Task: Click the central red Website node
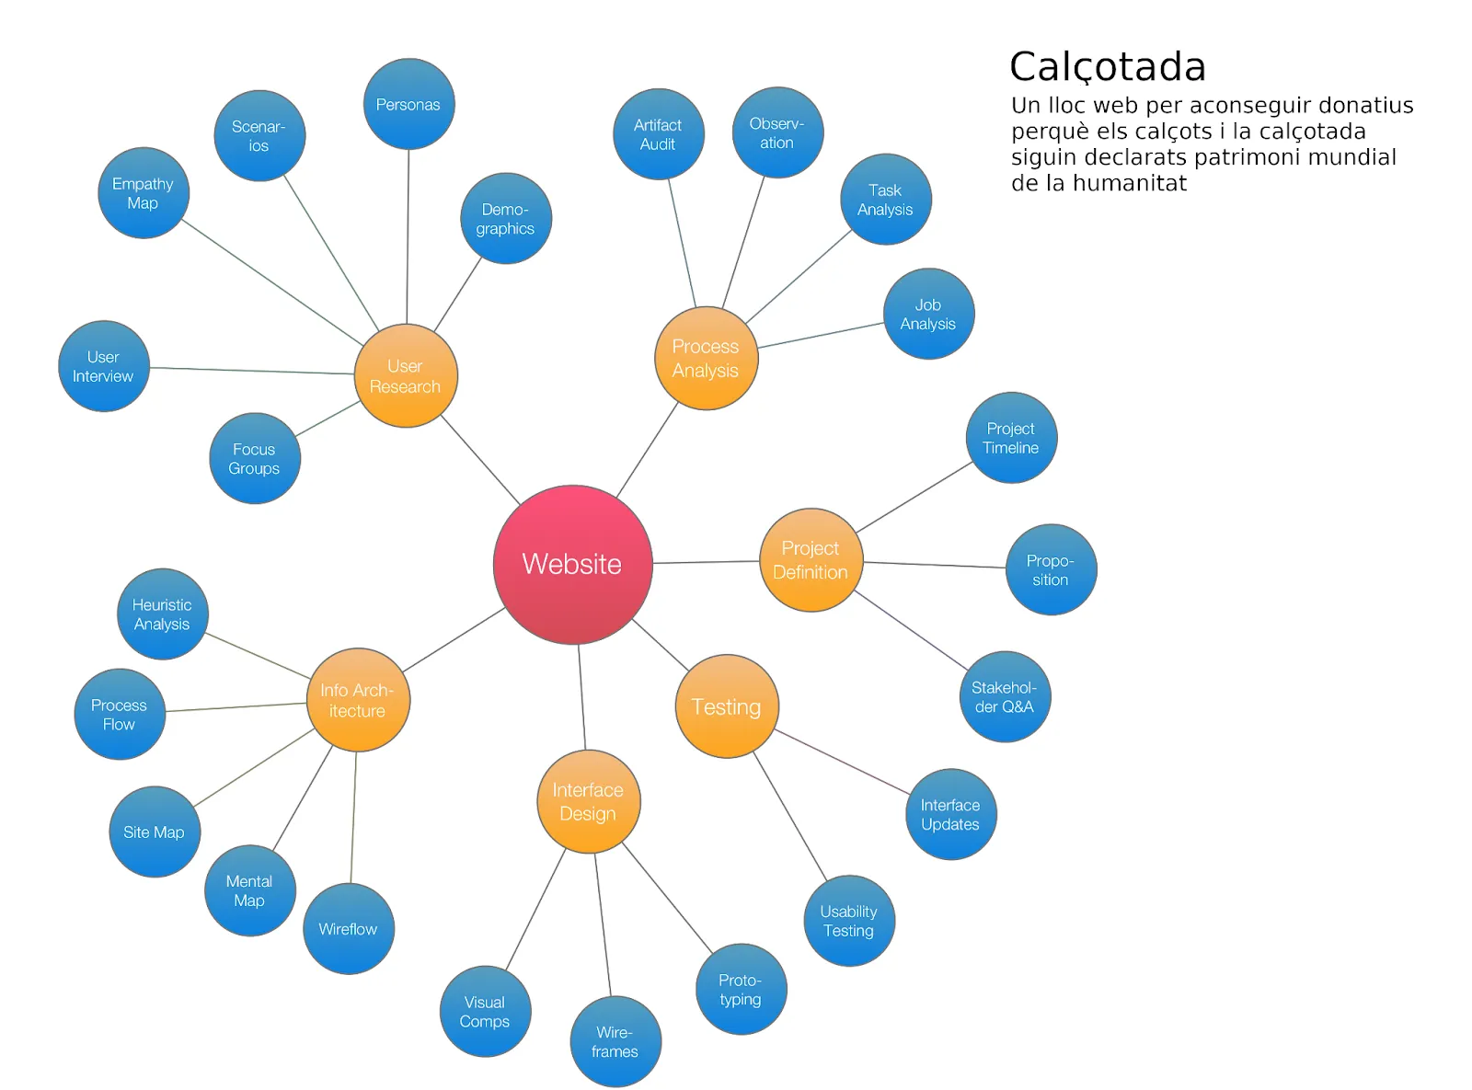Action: (x=572, y=564)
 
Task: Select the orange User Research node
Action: (x=406, y=375)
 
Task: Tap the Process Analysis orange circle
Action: (x=706, y=358)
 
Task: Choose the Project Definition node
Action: (x=811, y=559)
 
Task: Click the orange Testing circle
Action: (x=727, y=706)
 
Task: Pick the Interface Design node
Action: (x=588, y=801)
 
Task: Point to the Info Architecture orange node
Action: (x=358, y=700)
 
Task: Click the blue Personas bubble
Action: (x=408, y=104)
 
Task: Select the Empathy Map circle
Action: (x=143, y=193)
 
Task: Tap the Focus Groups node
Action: (x=254, y=458)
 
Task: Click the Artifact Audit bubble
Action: (x=658, y=134)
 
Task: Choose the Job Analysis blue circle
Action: (x=928, y=314)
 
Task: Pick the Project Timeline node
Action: (x=1011, y=438)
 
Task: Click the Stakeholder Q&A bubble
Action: (x=1004, y=697)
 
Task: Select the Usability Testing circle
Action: (x=848, y=921)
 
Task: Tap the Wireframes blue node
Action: (x=615, y=1041)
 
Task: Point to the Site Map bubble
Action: (x=155, y=832)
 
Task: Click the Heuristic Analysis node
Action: (x=162, y=614)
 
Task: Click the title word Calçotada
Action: (x=1108, y=66)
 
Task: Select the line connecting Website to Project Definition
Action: (x=707, y=562)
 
